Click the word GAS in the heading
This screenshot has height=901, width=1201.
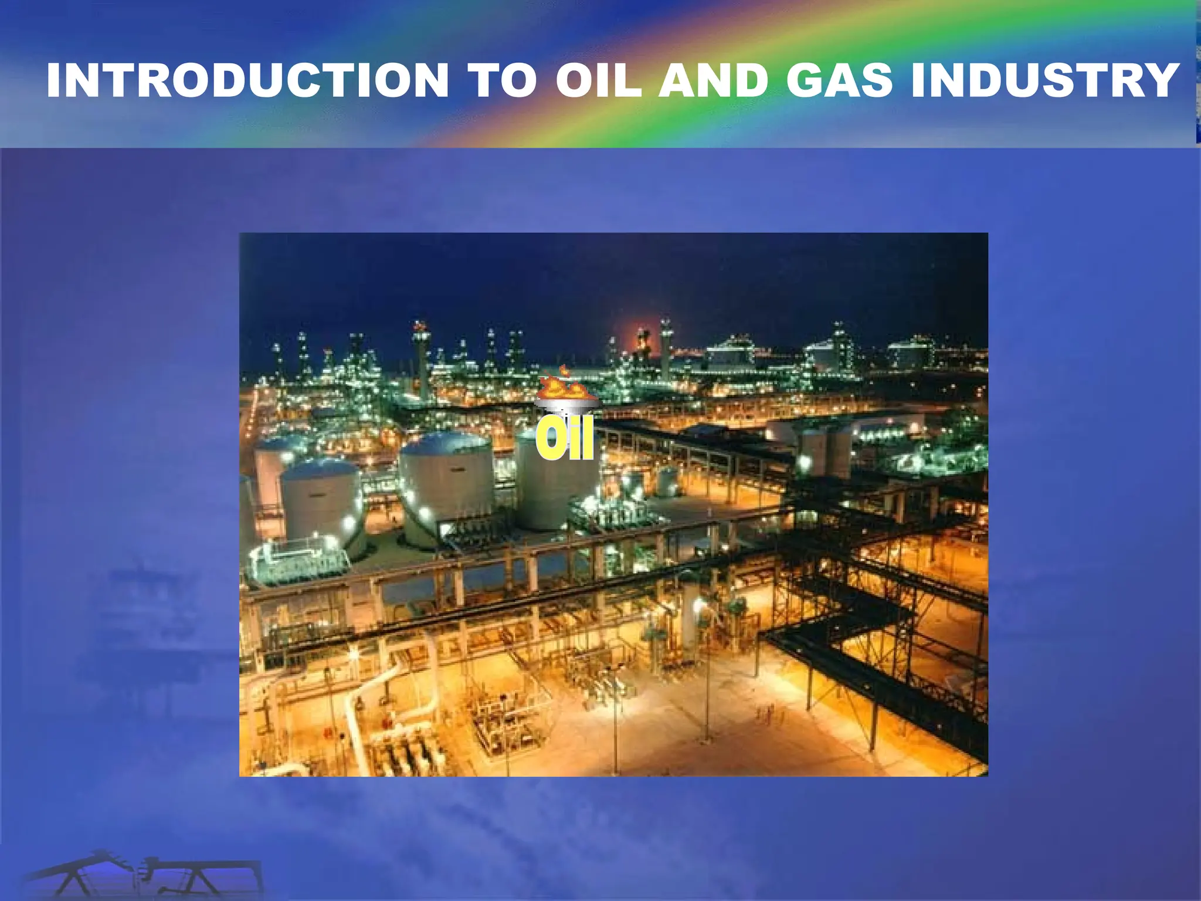pos(839,80)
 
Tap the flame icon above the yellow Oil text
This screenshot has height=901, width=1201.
pos(561,385)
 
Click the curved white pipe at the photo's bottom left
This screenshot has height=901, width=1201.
pos(375,692)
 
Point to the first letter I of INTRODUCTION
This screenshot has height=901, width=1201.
pos(55,80)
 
